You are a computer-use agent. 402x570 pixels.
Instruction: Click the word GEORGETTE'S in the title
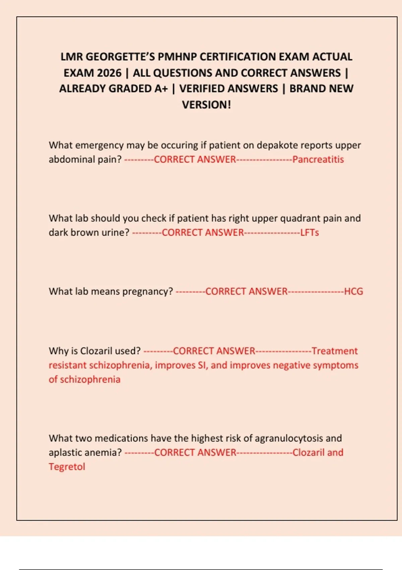pos(120,57)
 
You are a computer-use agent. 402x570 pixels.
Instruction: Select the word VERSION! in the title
pos(206,105)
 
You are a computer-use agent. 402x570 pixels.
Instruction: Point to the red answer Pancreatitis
pos(318,159)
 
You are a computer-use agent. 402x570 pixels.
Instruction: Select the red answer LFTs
pos(309,232)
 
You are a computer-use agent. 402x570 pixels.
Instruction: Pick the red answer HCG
pos(353,291)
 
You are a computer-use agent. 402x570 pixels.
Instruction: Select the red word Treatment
pos(334,351)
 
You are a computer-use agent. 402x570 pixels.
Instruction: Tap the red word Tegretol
pos(67,467)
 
